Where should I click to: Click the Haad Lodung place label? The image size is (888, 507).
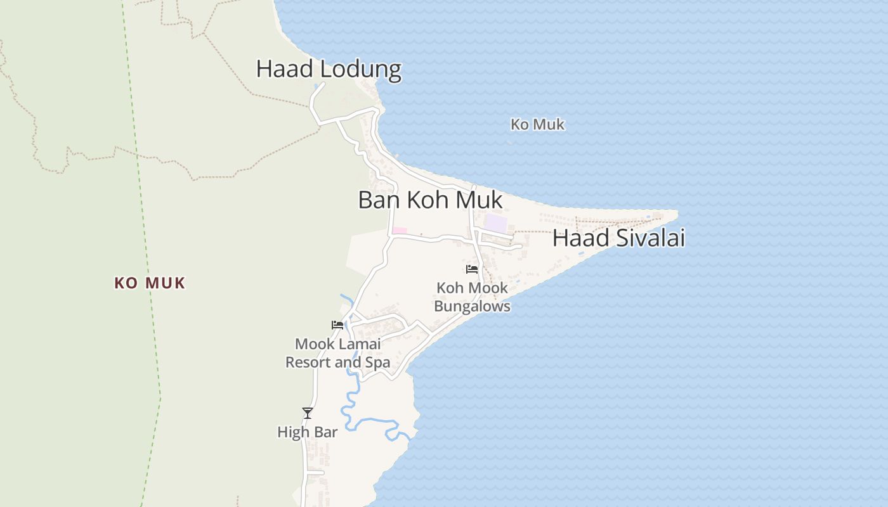coord(329,69)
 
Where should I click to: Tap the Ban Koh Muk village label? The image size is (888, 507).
coord(430,200)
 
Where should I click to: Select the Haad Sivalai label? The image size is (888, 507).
coord(618,238)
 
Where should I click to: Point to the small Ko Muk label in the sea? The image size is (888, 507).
coord(537,124)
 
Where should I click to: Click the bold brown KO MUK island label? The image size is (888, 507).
coord(150,283)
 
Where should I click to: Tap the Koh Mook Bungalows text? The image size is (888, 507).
coord(472,297)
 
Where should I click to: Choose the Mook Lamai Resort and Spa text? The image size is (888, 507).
coord(337,353)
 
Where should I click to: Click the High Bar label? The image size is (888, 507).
coord(307,432)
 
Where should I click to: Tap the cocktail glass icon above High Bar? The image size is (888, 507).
coord(308,413)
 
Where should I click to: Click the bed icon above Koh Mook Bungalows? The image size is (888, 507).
coord(472,269)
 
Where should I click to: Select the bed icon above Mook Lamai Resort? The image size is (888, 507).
coord(337,325)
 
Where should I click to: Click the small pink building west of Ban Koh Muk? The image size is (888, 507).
coord(399,230)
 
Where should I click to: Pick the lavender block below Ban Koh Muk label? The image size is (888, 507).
coord(496,223)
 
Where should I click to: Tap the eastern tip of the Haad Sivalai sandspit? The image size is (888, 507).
coord(676,212)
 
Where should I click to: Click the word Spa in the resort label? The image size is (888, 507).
coord(377,363)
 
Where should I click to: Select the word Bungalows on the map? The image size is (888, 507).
coord(472,306)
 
